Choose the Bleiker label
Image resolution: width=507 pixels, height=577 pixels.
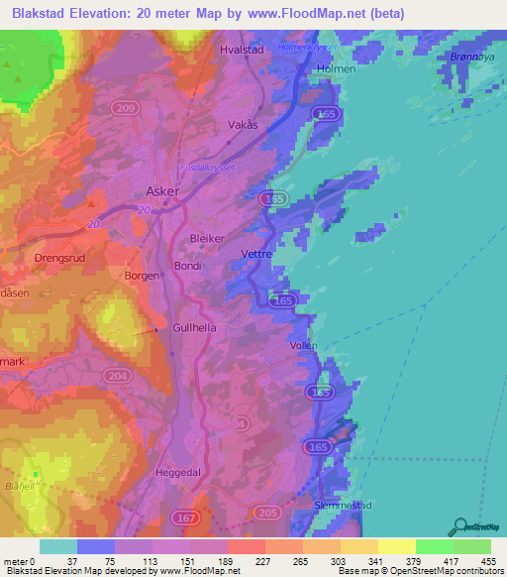click(208, 239)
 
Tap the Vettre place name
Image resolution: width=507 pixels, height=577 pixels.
click(257, 254)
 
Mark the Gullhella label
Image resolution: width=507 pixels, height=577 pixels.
click(194, 326)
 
